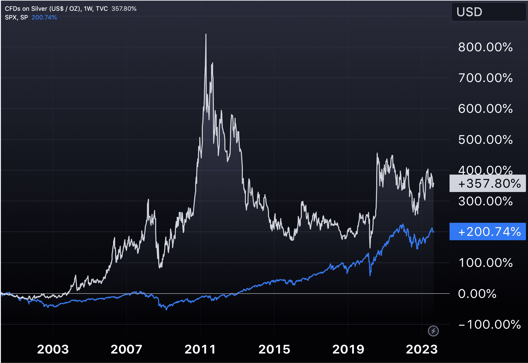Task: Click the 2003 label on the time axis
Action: tap(53, 349)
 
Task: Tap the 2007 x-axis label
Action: tap(126, 349)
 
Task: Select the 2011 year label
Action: tap(200, 349)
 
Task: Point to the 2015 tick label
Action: tap(274, 349)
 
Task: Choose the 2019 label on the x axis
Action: tap(348, 349)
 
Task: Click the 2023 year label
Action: tap(422, 349)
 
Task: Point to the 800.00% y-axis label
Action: tap(485, 47)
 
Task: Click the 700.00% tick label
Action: tap(485, 78)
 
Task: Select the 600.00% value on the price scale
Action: tap(485, 109)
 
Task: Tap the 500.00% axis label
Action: tap(485, 140)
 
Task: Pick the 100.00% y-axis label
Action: tap(485, 263)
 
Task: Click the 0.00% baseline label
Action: tap(477, 294)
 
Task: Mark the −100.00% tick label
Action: tap(490, 325)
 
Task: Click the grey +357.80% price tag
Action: tap(488, 184)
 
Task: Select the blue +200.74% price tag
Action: tap(488, 232)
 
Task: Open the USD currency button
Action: tap(489, 12)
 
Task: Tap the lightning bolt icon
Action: tap(433, 331)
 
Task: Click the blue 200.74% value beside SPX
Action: tap(44, 17)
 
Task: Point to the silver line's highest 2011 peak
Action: tap(206, 34)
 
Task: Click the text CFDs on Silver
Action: tap(26, 9)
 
